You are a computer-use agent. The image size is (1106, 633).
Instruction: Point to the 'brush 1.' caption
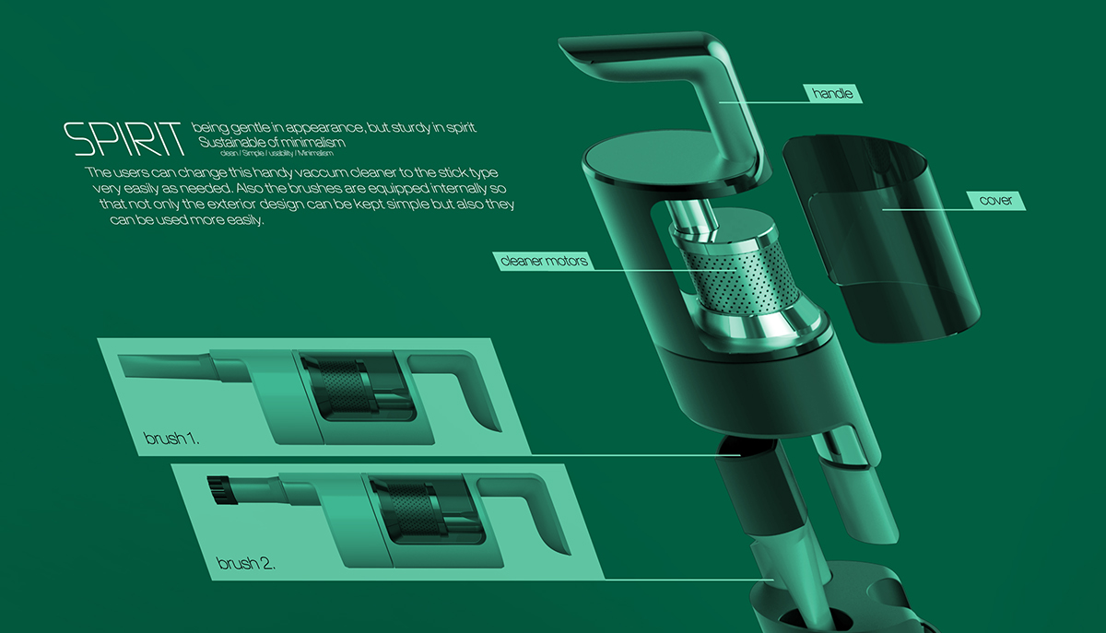pos(172,438)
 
